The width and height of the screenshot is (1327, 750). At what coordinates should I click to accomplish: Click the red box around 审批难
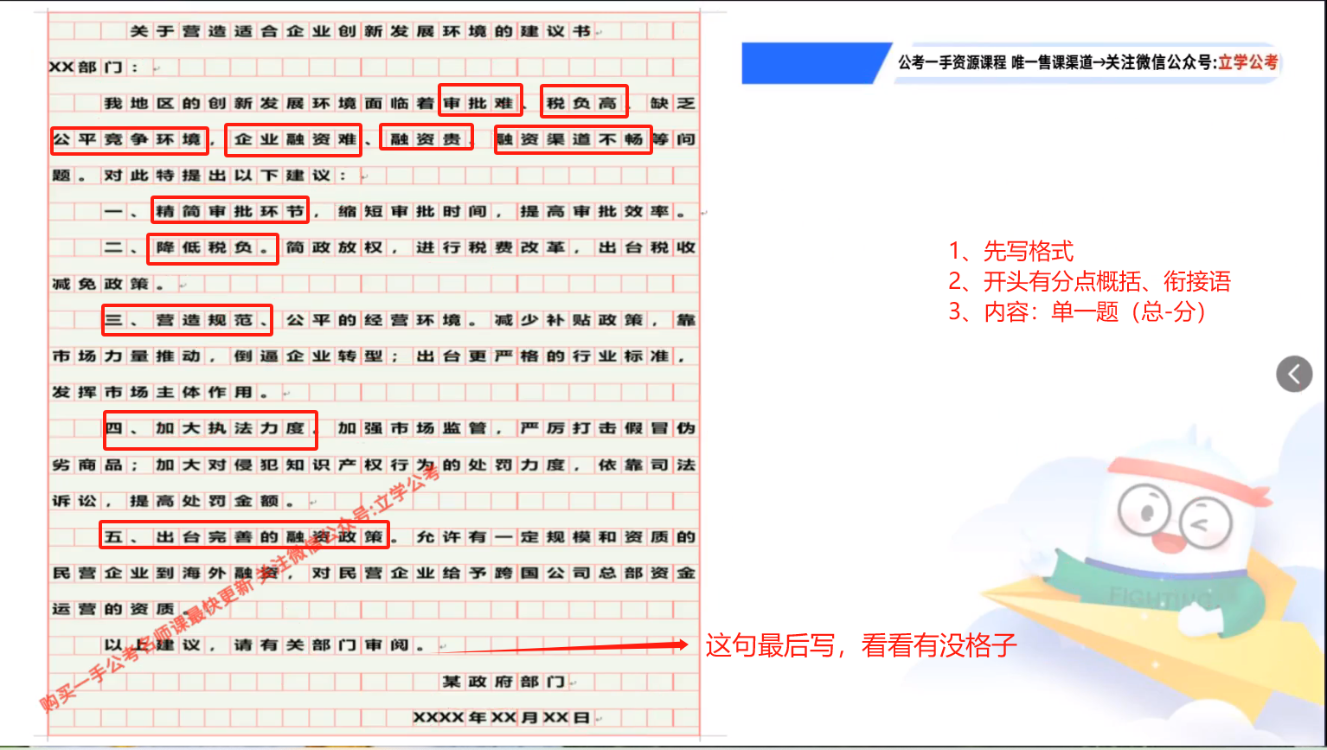[480, 101]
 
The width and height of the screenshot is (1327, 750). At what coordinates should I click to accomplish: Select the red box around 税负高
[584, 101]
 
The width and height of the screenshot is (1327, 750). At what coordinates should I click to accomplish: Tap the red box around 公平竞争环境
[129, 139]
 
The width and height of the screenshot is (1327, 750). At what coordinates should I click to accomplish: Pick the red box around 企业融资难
[293, 140]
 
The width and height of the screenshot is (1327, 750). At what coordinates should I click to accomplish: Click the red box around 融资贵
[426, 138]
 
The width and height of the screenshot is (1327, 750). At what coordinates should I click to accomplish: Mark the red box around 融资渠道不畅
[573, 139]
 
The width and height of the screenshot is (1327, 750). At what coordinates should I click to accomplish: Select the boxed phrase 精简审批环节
[230, 210]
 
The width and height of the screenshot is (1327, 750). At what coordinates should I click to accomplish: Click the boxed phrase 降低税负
[213, 248]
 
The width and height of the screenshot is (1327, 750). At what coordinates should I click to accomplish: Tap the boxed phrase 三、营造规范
[187, 320]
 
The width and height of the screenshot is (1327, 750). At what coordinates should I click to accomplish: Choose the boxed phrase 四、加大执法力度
[210, 429]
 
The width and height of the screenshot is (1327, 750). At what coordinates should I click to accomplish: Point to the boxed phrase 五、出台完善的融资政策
[244, 535]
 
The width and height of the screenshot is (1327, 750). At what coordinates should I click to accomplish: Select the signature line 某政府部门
[503, 682]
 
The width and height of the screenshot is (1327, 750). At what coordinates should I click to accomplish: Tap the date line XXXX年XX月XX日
[502, 718]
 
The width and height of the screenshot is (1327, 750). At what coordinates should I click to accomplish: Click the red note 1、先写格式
[1011, 252]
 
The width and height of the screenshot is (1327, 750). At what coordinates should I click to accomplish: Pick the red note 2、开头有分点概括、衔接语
[1089, 281]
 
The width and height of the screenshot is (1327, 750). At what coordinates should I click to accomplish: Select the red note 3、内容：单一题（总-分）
[1077, 311]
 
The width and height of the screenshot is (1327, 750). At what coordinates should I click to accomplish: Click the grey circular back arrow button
[1294, 374]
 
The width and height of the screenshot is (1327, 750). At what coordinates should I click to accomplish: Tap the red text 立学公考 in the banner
[1247, 62]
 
